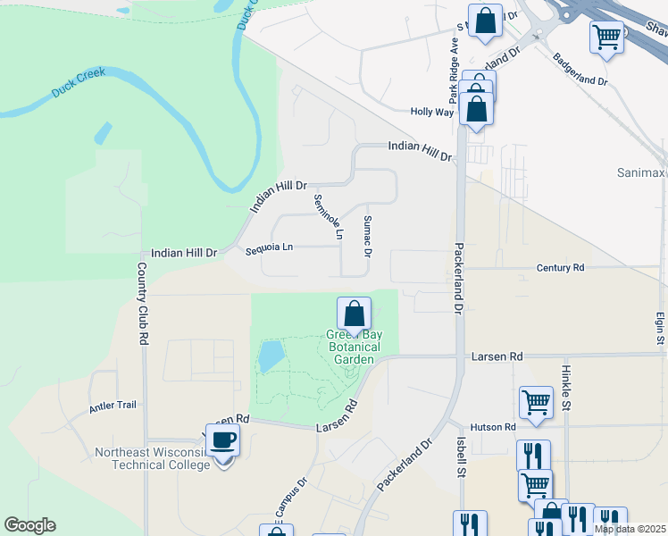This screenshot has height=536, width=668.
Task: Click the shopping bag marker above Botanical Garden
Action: (355, 314)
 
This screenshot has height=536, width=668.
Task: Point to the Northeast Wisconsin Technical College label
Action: (153, 458)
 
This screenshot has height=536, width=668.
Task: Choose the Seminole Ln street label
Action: (328, 217)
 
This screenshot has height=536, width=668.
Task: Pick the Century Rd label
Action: (560, 267)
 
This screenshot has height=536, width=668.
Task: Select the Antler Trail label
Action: (113, 406)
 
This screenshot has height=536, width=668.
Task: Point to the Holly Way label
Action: (432, 112)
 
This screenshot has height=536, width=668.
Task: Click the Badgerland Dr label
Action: (580, 69)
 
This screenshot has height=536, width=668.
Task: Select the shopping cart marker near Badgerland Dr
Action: (606, 37)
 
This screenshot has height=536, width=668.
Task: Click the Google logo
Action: (29, 525)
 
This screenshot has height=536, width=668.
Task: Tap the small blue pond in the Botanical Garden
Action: (269, 356)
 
